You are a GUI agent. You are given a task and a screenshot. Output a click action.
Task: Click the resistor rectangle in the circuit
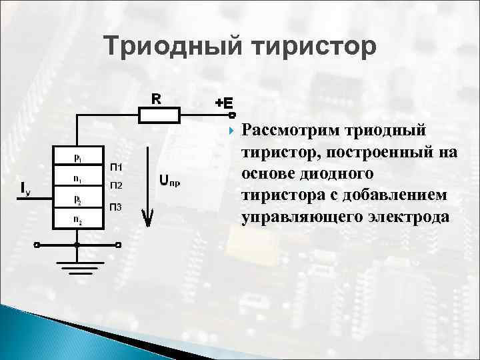pos(159,115)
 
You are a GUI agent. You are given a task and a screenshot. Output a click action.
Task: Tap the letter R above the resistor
pos(155,99)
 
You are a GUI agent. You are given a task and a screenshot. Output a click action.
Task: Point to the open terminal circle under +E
pos(223,115)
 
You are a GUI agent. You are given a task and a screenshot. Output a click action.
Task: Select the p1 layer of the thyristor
pos(77,158)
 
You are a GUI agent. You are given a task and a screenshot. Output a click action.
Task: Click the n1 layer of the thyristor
pos(77,179)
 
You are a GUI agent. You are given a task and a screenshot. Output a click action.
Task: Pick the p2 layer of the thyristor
pos(77,199)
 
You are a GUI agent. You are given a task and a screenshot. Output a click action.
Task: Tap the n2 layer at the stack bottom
pos(77,219)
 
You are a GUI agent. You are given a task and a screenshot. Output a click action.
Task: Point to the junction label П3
pos(115,207)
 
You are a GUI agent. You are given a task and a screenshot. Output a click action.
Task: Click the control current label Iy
pos(25,189)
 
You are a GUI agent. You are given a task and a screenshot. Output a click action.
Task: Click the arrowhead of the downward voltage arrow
pos(149,219)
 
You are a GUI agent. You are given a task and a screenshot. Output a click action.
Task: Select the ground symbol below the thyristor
pos(77,267)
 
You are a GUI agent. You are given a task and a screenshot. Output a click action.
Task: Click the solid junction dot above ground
pos(77,245)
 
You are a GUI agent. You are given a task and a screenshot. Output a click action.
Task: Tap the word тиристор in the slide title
pos(313,47)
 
